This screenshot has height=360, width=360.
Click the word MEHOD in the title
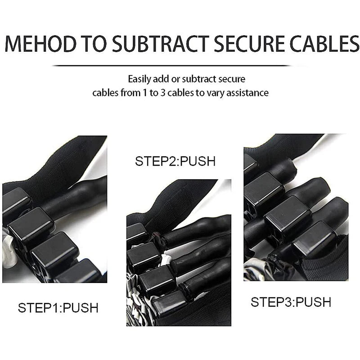40,43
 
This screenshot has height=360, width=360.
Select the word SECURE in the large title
250,43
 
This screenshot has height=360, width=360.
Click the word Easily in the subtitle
139,80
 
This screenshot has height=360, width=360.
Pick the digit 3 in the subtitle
163,93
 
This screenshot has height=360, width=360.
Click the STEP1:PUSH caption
58,308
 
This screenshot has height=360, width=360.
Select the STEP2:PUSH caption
175,161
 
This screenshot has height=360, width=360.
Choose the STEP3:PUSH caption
291,302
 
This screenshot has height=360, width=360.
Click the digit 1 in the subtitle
144,93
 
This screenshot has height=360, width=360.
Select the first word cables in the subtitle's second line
105,93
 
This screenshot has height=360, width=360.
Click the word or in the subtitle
175,80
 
